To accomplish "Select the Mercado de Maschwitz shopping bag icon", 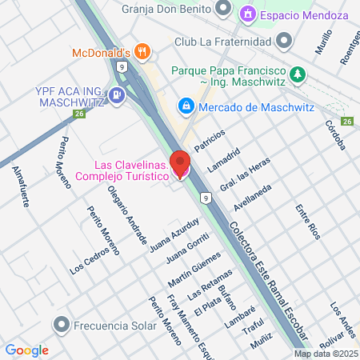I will (x=186, y=105).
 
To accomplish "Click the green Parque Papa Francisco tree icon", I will (x=298, y=75).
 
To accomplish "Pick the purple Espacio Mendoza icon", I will (x=248, y=14).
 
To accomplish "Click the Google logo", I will (x=26, y=350).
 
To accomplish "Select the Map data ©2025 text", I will (x=325, y=354).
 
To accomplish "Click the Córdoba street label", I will (x=334, y=136).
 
